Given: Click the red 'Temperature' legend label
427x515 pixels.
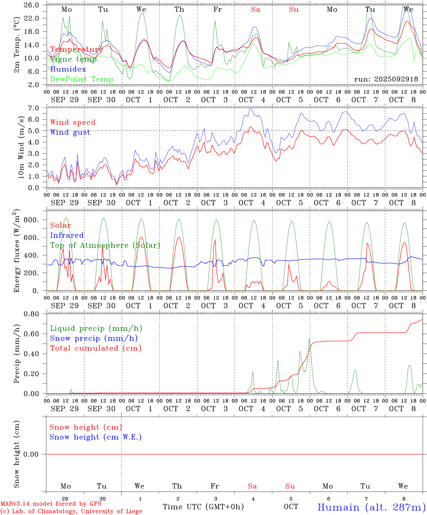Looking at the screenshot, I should [x=76, y=49].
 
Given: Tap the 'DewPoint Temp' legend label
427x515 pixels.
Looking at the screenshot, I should [x=82, y=79].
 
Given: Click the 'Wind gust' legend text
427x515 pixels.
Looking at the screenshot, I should [x=70, y=132].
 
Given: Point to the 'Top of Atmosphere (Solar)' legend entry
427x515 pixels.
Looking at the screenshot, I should [x=105, y=245].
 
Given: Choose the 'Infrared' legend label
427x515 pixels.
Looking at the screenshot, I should [x=67, y=235].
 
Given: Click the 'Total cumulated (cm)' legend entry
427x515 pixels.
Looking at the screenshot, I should [x=95, y=348].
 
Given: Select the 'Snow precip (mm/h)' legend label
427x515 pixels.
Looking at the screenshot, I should [x=94, y=338].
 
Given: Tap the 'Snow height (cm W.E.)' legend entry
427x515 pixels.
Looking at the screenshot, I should [x=95, y=437].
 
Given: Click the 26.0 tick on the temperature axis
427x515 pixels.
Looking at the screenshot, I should [x=32, y=5].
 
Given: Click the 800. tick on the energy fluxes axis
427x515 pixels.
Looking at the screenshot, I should [x=31, y=220].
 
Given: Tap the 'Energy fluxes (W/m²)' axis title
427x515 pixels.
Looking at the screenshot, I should [x=17, y=252].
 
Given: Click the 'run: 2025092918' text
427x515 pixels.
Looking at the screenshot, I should [x=386, y=79].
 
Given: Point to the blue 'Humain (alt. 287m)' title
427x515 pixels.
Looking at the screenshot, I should [x=371, y=507].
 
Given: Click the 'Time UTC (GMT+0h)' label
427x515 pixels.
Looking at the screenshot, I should [x=203, y=507].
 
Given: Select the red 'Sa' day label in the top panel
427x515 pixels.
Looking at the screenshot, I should [x=255, y=10].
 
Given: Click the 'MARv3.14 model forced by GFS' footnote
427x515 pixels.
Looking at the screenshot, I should [x=51, y=504].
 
